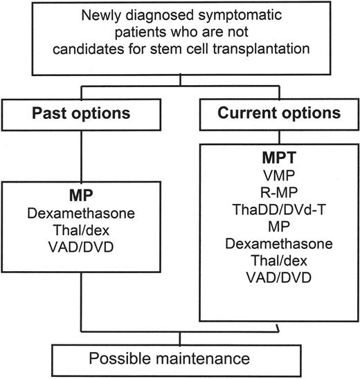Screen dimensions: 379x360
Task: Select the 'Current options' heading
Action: click(x=271, y=113)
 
